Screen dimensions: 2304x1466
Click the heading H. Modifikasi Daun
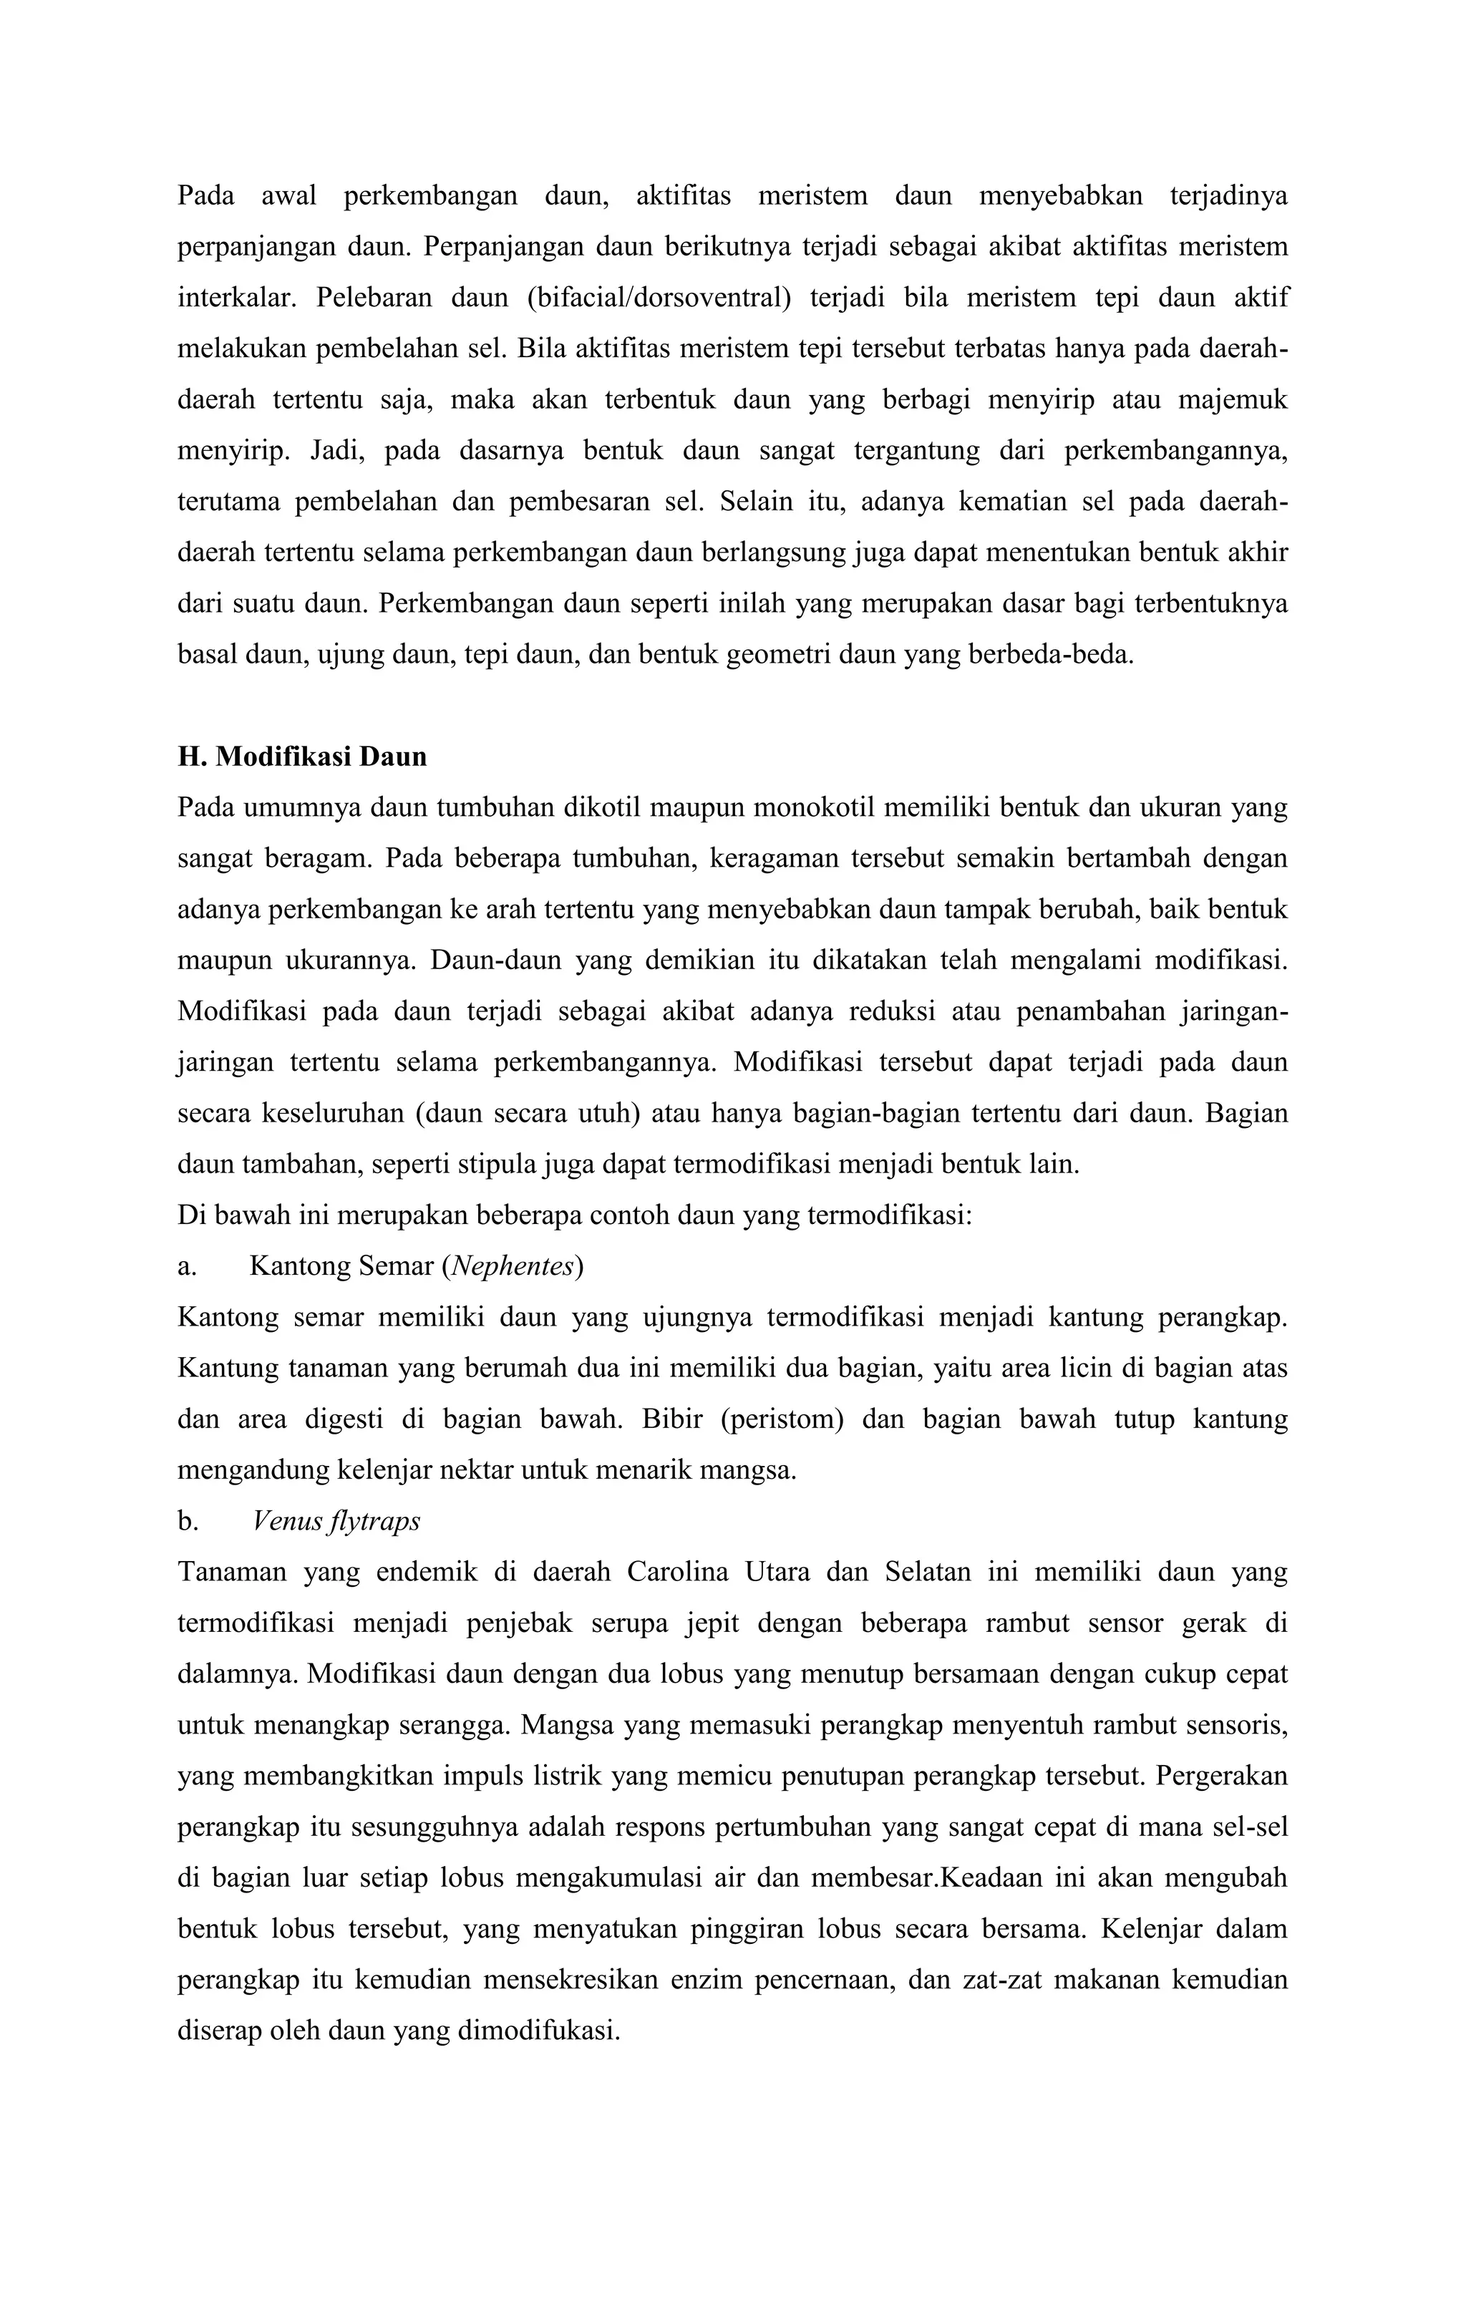[x=301, y=757]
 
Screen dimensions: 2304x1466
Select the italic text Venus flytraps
[x=336, y=1522]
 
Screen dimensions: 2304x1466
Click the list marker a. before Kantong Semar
[x=187, y=1267]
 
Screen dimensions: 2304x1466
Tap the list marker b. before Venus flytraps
[x=188, y=1522]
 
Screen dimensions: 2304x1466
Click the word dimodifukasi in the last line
[x=540, y=2031]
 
